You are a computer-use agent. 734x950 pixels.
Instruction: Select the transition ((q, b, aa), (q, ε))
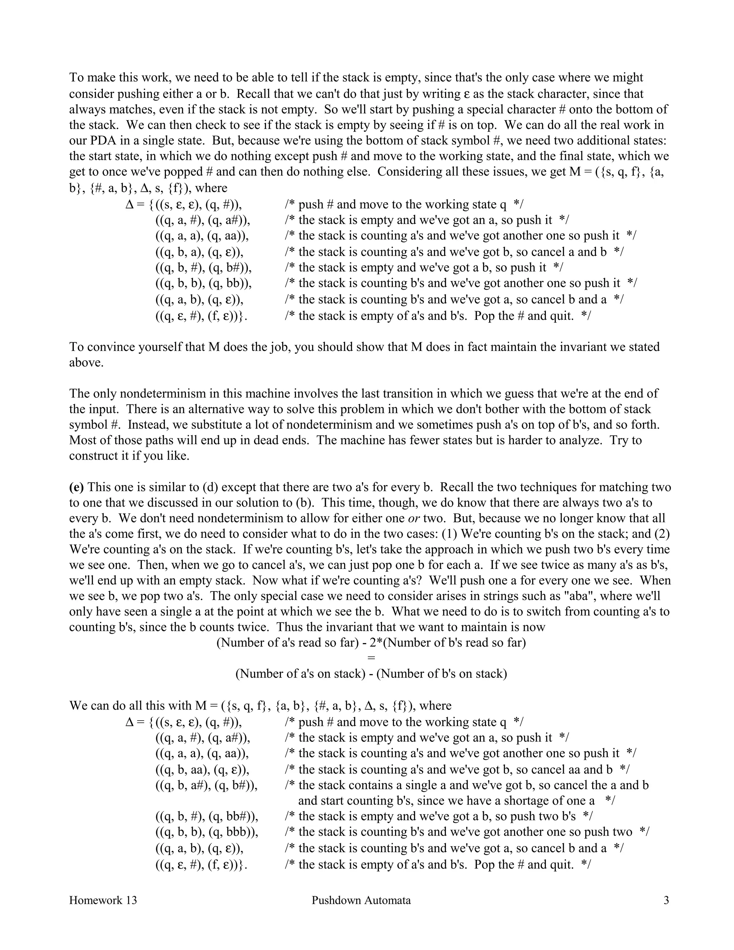pos(202,769)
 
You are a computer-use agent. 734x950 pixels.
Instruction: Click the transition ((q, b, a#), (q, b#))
pos(206,785)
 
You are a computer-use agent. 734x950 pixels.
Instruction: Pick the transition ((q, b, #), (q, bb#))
pos(206,816)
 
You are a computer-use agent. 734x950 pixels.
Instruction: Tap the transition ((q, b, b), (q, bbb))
pos(206,832)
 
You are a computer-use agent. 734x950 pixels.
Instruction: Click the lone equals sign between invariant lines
pos(371,658)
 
